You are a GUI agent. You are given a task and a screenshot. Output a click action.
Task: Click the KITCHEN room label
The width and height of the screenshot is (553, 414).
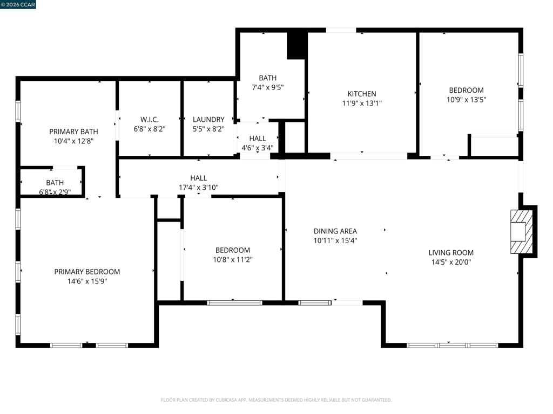tap(362, 94)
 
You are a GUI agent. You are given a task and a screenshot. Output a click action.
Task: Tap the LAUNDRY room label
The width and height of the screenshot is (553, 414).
tap(208, 119)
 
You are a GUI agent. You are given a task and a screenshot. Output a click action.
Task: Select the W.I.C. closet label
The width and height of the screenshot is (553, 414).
tap(150, 119)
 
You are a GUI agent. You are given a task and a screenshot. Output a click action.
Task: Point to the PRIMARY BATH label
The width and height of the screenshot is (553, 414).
tap(73, 132)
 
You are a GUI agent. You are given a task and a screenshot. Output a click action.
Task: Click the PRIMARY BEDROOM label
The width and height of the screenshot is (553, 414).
tap(87, 272)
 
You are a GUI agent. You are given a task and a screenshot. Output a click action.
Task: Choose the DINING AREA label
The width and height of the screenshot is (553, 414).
tap(335, 231)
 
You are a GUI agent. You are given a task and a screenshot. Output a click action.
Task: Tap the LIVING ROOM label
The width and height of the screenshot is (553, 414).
tap(451, 252)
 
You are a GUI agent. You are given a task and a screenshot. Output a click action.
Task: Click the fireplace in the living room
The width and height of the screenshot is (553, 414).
tap(522, 232)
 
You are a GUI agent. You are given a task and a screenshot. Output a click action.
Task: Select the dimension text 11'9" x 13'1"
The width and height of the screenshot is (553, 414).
tap(362, 103)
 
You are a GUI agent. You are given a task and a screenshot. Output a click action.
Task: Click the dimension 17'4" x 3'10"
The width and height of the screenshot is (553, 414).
tap(199, 188)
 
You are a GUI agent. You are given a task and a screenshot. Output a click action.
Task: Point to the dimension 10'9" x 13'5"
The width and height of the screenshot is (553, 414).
tap(466, 100)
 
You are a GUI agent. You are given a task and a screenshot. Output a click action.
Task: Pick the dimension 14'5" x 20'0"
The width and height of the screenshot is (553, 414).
tap(451, 262)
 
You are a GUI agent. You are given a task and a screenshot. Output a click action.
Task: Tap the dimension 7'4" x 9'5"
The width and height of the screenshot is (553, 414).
tap(268, 87)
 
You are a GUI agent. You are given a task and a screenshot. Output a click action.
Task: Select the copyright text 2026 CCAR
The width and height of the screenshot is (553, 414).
tap(18, 4)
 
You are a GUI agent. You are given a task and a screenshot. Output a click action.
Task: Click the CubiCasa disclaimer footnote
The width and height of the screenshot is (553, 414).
tap(276, 400)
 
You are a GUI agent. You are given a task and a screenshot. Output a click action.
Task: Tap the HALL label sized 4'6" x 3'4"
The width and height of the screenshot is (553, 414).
tap(258, 139)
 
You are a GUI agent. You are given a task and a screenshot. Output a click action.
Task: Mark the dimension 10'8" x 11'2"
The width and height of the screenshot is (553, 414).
tap(233, 260)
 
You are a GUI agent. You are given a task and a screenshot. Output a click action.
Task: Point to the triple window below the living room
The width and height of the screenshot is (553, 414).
tap(452, 346)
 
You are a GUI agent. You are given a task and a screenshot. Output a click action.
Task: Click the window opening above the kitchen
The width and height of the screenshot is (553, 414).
tap(341, 30)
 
